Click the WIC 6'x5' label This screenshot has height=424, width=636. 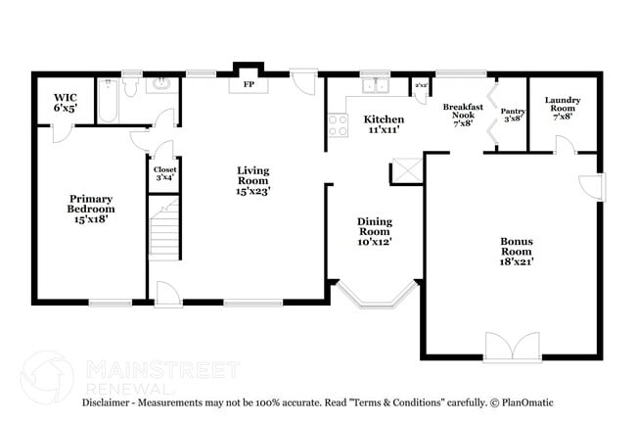point(66,103)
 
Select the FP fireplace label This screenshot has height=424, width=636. point(249,84)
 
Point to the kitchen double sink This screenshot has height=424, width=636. point(374,86)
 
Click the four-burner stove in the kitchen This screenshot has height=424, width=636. point(339,124)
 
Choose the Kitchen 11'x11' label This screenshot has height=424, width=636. point(384,124)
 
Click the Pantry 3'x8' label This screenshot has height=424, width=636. point(513,116)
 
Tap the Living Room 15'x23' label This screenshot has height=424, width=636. point(252,180)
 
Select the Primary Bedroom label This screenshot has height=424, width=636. point(90,209)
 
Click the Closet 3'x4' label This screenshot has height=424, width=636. point(162,173)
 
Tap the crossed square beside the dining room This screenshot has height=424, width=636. point(405,172)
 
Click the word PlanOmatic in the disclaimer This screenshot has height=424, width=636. point(529,402)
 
